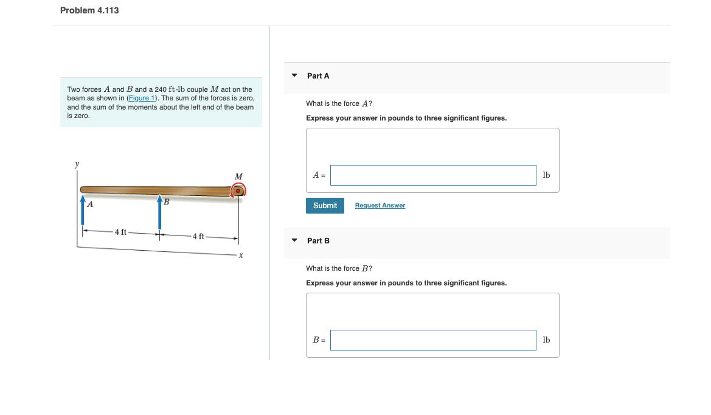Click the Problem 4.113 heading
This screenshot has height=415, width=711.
pyautogui.click(x=89, y=10)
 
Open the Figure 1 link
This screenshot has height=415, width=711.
pyautogui.click(x=142, y=98)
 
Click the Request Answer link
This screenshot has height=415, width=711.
pyautogui.click(x=380, y=206)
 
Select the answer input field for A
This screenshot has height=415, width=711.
pyautogui.click(x=433, y=175)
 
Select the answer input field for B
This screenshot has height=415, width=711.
pyautogui.click(x=433, y=340)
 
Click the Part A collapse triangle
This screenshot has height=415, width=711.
pyautogui.click(x=294, y=76)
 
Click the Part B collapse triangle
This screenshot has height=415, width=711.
pyautogui.click(x=294, y=241)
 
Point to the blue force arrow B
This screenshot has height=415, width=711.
pyautogui.click(x=159, y=210)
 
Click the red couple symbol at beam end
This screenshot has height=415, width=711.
pyautogui.click(x=238, y=191)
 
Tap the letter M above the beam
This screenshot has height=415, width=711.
pyautogui.click(x=238, y=176)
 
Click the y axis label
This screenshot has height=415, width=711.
pyautogui.click(x=77, y=164)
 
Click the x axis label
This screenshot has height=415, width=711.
pyautogui.click(x=241, y=256)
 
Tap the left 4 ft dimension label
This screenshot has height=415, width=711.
pyautogui.click(x=121, y=232)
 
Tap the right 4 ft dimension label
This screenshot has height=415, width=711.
pyautogui.click(x=199, y=236)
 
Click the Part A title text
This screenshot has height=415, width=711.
pyautogui.click(x=318, y=76)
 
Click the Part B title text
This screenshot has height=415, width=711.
pyautogui.click(x=318, y=241)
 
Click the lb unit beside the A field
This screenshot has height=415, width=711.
pyautogui.click(x=546, y=175)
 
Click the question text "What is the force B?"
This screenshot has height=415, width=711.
pyautogui.click(x=339, y=268)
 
